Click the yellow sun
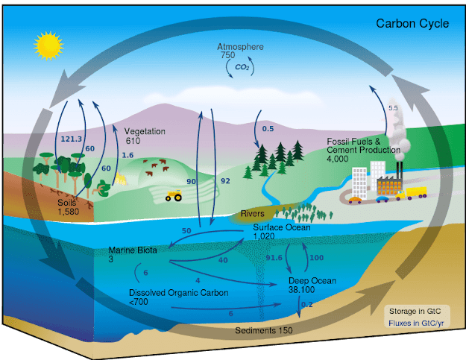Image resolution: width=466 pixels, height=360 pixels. pos(46,45)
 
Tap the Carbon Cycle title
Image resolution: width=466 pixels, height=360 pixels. pos(412,24)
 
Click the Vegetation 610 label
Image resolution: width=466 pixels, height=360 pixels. pos(144,136)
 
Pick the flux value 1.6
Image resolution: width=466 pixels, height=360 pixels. pos(127,154)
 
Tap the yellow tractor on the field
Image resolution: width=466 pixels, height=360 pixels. pos(174,195)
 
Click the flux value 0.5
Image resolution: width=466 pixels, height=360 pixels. pos(268,129)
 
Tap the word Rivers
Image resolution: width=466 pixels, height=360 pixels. pos(254,215)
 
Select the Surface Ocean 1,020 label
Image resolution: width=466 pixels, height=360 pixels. pos(281,231)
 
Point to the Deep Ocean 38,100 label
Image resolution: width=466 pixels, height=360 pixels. pos(312,285)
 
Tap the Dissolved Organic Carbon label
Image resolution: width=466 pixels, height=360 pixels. pos(168,297)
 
